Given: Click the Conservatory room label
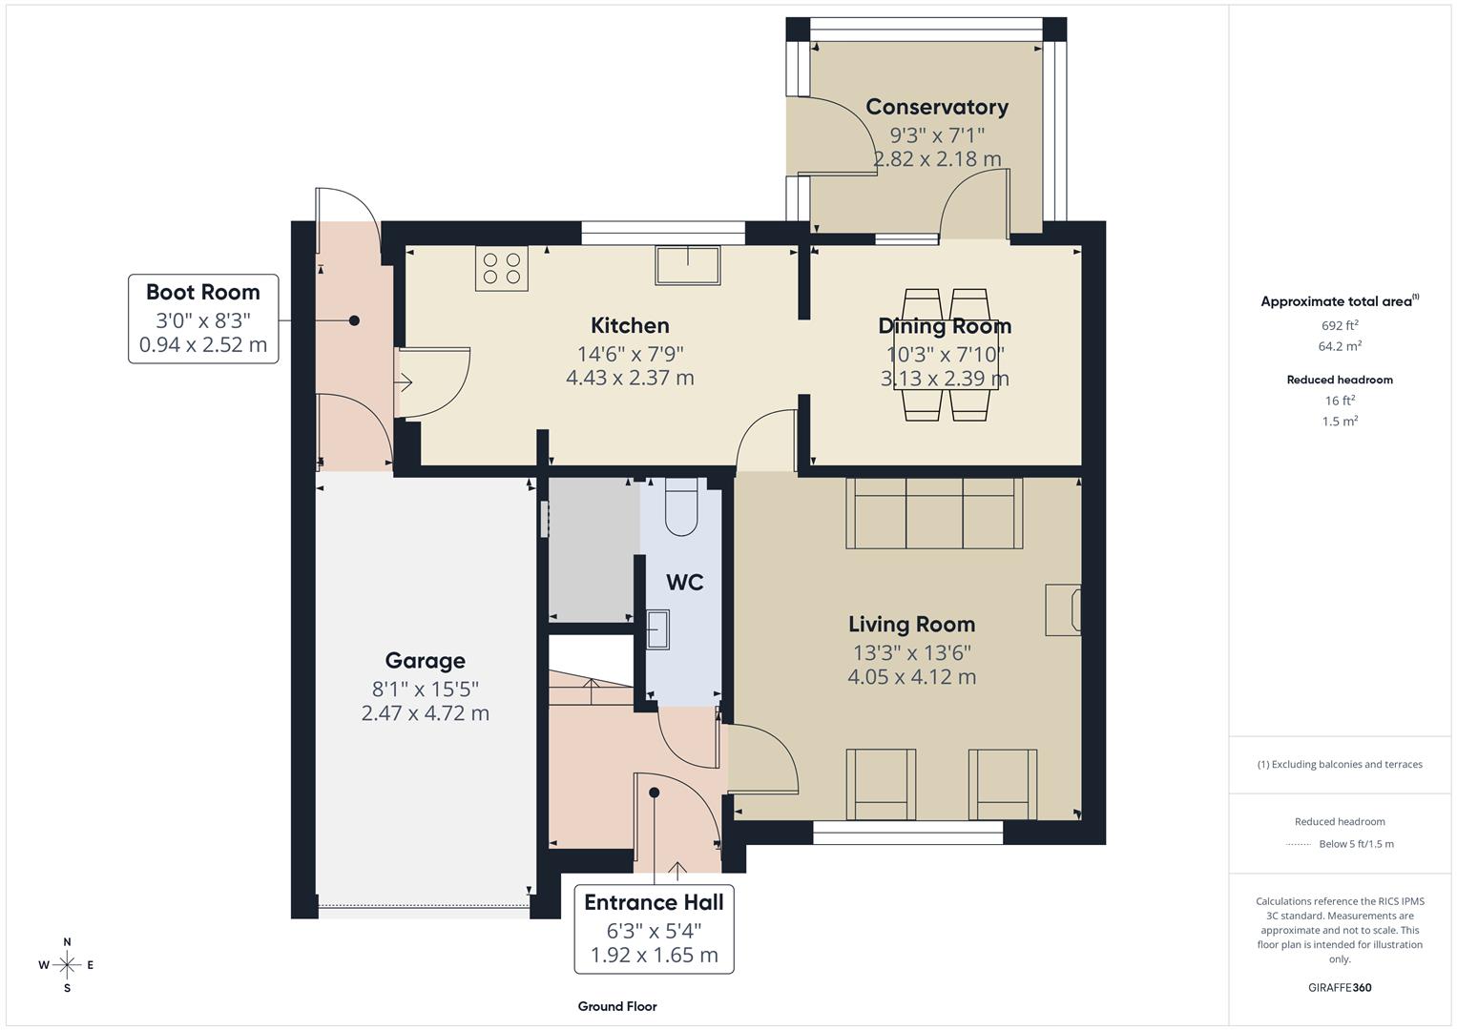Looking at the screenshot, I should coord(936,107).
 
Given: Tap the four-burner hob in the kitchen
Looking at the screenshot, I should coord(502,268).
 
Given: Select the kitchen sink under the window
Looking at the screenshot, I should coord(687,265).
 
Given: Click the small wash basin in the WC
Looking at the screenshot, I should coord(657,629).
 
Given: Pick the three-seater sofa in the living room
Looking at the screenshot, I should coord(933,513).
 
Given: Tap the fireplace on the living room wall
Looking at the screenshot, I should coord(1063,609).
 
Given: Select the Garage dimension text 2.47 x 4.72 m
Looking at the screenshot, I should coord(425,713).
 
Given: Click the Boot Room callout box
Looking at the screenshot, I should coord(203,319).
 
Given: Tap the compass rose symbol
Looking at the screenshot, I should coord(67,965).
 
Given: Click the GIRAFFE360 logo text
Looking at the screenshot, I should coord(1340,987).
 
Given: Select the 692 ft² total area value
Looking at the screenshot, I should coord(1340,325).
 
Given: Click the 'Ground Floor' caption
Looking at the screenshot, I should coord(617,1006).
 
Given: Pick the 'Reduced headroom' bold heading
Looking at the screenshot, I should coord(1340,380).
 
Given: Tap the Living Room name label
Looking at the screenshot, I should coord(911,625).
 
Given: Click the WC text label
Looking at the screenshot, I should coord(684,583).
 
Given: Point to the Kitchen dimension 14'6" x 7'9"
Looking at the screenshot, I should coord(630,354).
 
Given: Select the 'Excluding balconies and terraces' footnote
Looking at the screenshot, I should coord(1340,764).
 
